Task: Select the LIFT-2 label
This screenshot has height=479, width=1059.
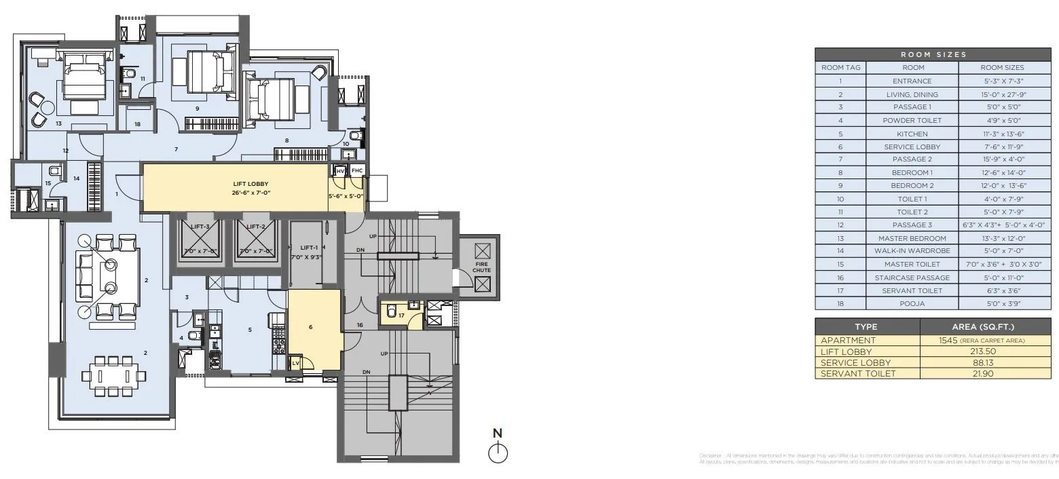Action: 255,227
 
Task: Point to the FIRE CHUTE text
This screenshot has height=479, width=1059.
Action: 481,267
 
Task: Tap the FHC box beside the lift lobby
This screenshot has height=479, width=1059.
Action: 357,170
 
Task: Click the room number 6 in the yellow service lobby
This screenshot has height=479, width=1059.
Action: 310,327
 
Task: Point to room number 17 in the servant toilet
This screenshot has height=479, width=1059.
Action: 401,315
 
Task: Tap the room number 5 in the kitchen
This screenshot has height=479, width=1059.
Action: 249,330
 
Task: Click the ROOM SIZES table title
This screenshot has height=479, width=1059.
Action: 933,54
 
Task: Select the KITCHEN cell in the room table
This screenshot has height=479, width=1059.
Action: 912,134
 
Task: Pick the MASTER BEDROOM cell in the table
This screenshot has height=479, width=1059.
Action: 912,238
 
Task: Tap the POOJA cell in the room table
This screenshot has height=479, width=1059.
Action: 912,303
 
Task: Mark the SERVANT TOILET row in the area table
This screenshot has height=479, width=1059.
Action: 858,373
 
